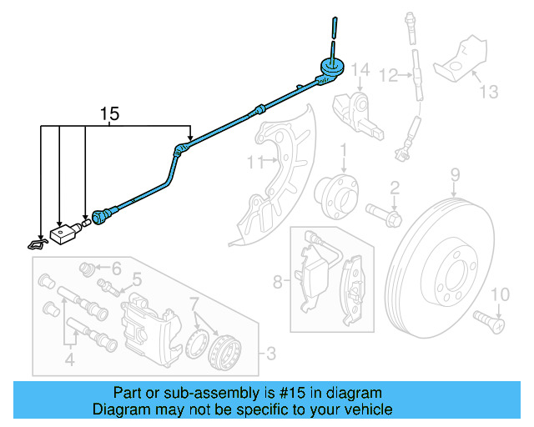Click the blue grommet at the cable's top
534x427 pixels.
click(330, 68)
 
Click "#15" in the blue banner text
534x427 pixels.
click(281, 393)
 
